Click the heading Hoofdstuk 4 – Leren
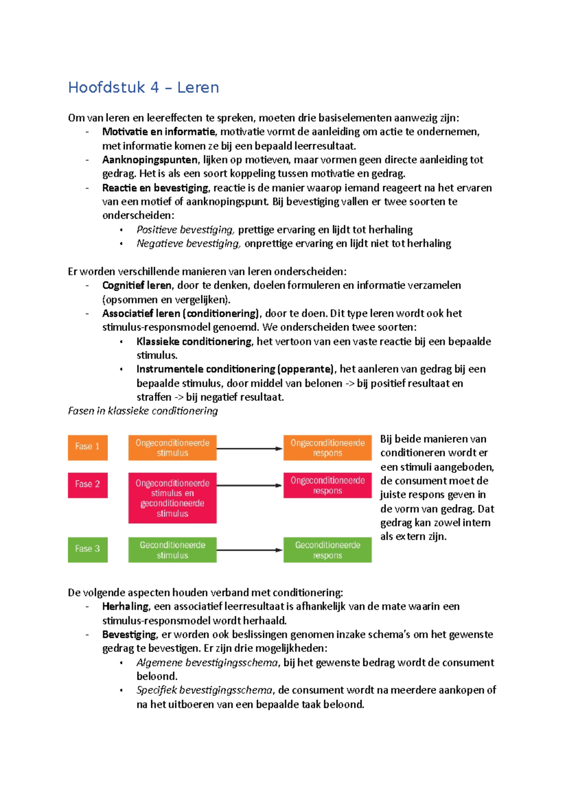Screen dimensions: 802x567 tap(143, 87)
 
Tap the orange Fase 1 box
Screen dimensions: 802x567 tap(87, 447)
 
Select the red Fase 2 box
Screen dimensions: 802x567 tap(87, 485)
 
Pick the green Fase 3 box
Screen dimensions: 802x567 tap(87, 549)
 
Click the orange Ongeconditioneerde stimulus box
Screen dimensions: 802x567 tap(172, 447)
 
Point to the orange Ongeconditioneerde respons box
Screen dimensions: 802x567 tap(327, 447)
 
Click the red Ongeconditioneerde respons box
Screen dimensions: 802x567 tap(327, 485)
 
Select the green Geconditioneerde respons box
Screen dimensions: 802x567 tap(327, 549)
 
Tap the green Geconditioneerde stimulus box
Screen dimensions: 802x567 tap(172, 549)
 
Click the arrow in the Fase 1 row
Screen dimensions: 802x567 tap(249, 448)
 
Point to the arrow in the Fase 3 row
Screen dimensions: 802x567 tap(249, 550)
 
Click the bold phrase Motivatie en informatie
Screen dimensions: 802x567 tap(158, 132)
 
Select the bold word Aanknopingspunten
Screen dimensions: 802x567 tap(150, 160)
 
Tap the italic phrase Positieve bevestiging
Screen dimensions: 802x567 tap(185, 230)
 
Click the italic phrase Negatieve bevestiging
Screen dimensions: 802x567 tap(188, 244)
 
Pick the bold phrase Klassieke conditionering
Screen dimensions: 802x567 tap(194, 341)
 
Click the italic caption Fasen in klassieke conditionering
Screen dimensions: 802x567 tap(143, 411)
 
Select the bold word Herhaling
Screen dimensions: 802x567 tap(125, 606)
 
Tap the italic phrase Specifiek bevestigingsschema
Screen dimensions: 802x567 tap(204, 690)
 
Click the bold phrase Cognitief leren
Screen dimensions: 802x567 tap(137, 285)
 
